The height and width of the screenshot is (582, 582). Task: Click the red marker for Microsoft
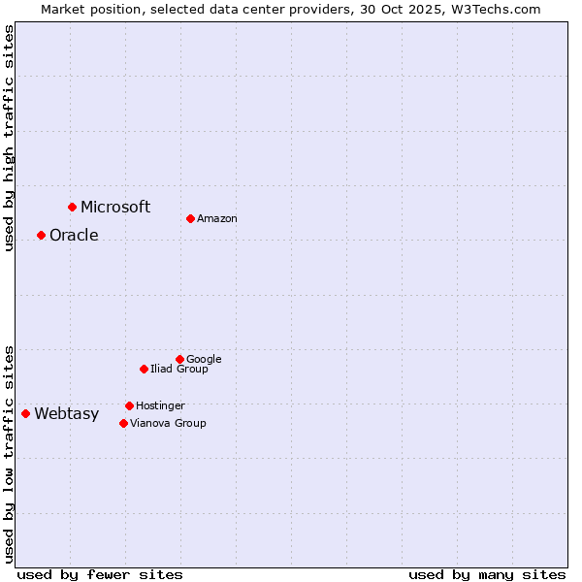click(x=72, y=207)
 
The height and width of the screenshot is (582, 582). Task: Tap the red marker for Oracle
click(x=41, y=235)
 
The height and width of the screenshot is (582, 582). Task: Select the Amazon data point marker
click(x=190, y=218)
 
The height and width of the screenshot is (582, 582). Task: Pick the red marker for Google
click(x=179, y=359)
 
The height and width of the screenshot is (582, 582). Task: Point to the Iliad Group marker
click(x=144, y=369)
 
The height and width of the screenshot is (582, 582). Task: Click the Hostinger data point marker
click(x=129, y=405)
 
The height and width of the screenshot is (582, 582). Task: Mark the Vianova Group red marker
click(x=123, y=423)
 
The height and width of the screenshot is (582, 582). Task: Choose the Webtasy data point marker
click(x=25, y=413)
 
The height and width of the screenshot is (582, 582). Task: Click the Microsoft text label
click(x=115, y=207)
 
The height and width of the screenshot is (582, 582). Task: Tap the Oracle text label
click(x=74, y=235)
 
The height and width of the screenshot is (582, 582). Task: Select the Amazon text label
click(x=217, y=218)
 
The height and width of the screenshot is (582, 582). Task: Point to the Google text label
click(x=204, y=359)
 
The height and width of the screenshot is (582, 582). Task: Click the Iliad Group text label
click(x=179, y=369)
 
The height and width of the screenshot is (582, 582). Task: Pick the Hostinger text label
click(x=160, y=405)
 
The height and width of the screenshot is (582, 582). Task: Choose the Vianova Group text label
click(x=168, y=423)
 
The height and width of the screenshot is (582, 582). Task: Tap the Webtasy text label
click(x=66, y=413)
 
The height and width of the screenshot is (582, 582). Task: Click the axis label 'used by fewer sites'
click(x=100, y=574)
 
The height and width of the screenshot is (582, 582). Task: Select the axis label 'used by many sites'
click(x=487, y=574)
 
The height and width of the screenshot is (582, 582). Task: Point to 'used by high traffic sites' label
click(x=9, y=138)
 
